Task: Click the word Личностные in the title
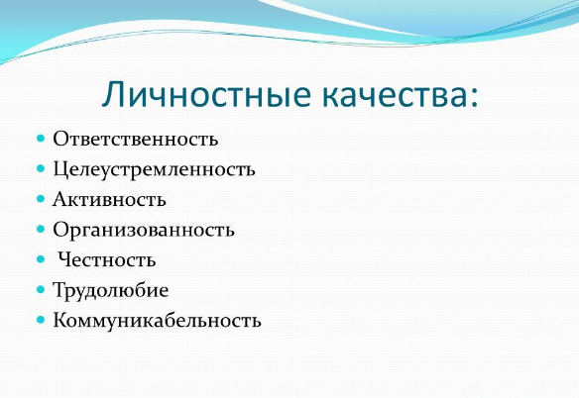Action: point(206,94)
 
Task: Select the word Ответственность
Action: point(136,139)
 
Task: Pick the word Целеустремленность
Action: point(154,170)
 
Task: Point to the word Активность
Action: point(109,200)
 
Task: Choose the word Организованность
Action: point(144,231)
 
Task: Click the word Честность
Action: point(107,259)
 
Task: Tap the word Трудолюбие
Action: point(111,291)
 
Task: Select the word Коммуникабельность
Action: point(157,320)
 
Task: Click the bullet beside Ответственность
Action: point(41,139)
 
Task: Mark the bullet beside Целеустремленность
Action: point(41,169)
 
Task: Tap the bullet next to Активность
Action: point(41,199)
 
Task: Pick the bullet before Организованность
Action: point(41,230)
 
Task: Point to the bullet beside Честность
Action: point(41,259)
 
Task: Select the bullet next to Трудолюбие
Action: point(41,289)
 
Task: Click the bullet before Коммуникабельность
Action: point(41,320)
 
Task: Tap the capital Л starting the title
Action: point(113,94)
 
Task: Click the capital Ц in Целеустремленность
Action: point(60,169)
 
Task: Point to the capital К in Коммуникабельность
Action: point(60,320)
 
